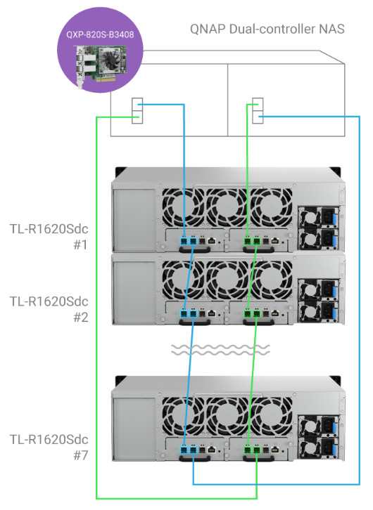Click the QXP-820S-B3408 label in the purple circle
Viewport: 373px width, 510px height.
(100, 34)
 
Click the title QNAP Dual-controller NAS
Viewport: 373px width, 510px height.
(267, 29)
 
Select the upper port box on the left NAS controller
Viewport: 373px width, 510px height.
(137, 105)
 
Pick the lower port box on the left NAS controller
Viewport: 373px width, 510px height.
(137, 117)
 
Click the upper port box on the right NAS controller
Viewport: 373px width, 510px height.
(258, 105)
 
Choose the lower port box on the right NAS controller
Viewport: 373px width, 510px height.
(258, 117)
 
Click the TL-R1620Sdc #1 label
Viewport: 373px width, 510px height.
(49, 237)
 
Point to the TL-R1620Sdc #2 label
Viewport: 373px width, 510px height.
(49, 309)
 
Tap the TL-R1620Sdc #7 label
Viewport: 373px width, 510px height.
(49, 447)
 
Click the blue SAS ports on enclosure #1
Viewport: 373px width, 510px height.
(189, 241)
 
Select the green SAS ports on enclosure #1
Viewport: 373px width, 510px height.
(253, 241)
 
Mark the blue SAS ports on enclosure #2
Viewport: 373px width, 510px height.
(189, 314)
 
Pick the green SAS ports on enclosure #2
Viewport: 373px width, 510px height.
(253, 314)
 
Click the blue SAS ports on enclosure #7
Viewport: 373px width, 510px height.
(189, 450)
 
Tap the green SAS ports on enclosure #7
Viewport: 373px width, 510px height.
(253, 450)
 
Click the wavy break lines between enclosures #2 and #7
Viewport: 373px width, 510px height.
(220, 349)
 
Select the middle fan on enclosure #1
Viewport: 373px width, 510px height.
(227, 207)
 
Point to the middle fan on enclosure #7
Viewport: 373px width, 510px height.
(227, 416)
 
